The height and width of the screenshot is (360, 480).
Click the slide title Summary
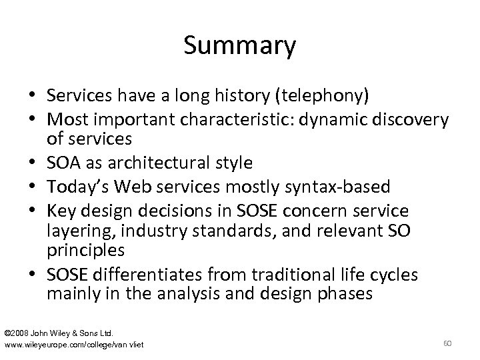[x=239, y=47]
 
